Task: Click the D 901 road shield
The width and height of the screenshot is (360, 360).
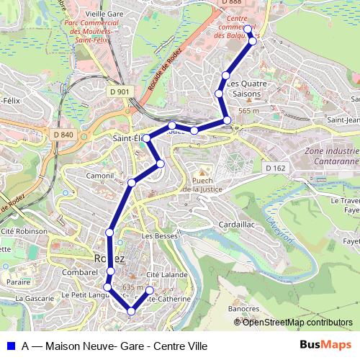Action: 120,91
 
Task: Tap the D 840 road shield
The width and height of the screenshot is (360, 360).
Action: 63,135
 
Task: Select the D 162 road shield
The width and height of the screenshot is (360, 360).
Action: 274,168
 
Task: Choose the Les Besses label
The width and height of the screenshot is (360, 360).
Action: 159,235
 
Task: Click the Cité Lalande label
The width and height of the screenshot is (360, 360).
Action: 167,274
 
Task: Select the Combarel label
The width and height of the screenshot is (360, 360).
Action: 80,273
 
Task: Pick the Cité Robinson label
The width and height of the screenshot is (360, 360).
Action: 23,232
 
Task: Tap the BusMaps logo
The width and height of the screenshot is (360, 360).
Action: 325,344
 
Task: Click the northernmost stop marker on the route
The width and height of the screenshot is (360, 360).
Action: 248,29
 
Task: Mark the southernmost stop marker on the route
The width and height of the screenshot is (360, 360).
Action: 131,311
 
